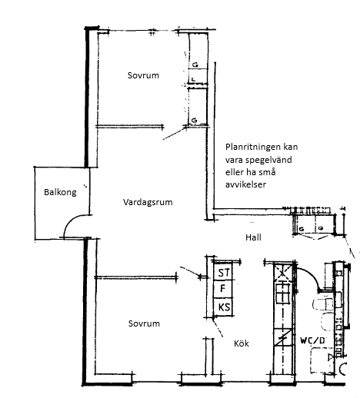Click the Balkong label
pos(60,192)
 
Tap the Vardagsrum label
pos(148,202)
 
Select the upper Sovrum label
pos(143,75)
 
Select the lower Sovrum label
pos(144,323)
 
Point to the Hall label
pos(254,237)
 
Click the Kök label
pos(242,343)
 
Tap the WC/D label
pos(312,340)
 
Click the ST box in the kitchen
pos(224,272)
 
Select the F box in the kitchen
pos(223,290)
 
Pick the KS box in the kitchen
pos(224,307)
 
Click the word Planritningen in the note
pos(253,148)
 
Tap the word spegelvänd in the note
pos(268,160)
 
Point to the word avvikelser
pos(245,184)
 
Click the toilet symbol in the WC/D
pos(322,304)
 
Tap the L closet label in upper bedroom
pos(193,80)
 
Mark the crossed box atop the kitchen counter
pos(283,272)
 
